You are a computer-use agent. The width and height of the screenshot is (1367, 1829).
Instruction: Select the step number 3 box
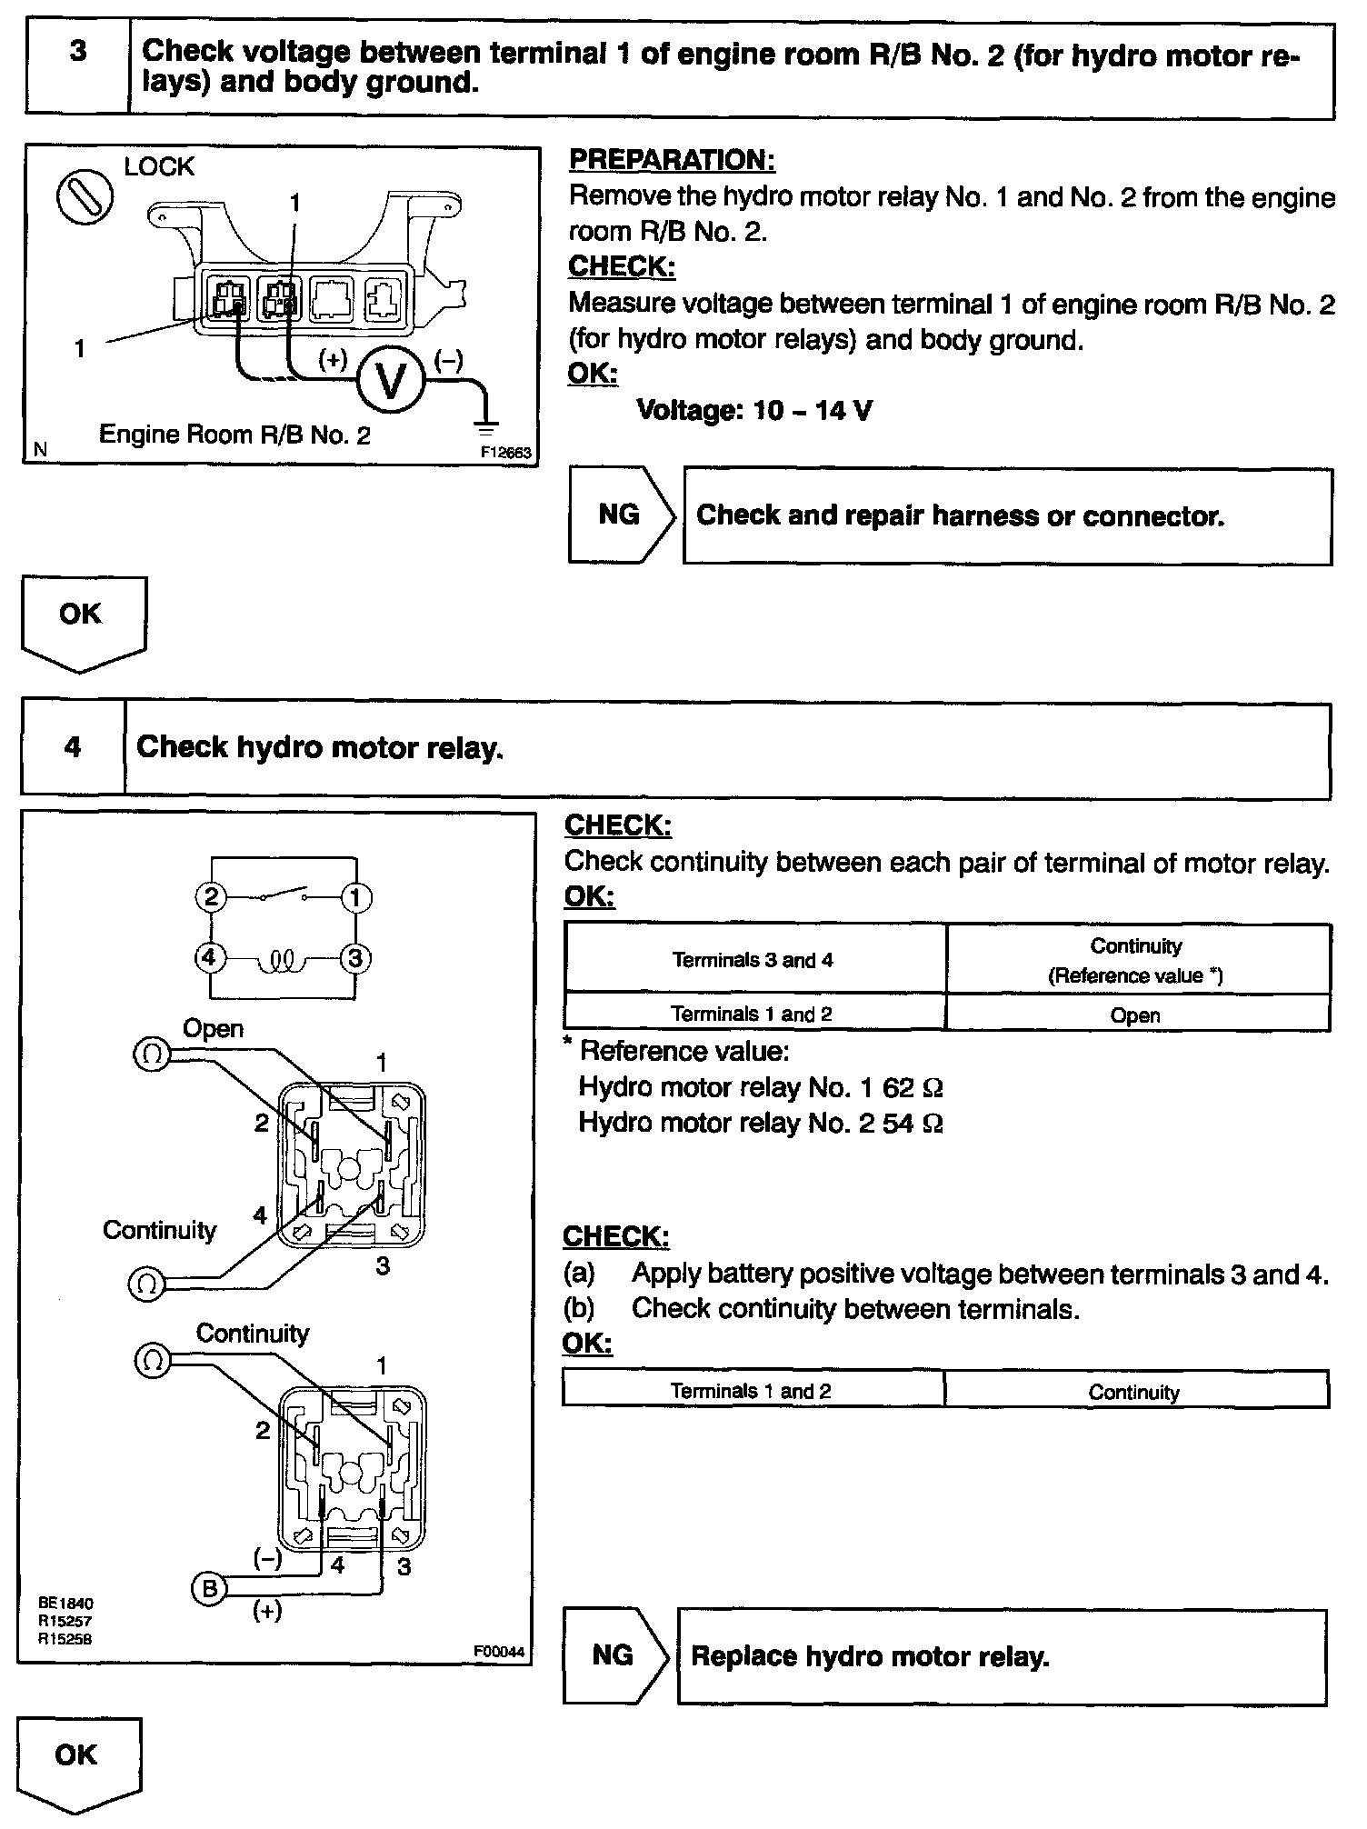click(77, 68)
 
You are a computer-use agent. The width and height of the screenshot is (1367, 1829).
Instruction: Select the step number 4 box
click(73, 747)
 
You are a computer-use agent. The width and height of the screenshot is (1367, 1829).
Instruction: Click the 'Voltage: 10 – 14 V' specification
click(753, 411)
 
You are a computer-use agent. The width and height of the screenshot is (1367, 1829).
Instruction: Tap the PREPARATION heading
click(672, 160)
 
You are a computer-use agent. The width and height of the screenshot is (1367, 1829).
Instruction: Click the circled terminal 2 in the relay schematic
click(211, 898)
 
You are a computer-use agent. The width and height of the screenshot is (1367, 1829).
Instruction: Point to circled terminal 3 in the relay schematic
click(355, 958)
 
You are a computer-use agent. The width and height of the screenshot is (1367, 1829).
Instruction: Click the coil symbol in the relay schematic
click(283, 960)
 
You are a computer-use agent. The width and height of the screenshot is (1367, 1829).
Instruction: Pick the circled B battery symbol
click(209, 1588)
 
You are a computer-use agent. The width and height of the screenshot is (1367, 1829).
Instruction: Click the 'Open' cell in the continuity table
click(1135, 1014)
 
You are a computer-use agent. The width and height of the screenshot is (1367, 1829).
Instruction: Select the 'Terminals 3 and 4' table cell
click(753, 960)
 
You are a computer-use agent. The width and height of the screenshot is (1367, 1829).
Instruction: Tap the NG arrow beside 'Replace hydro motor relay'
click(615, 1655)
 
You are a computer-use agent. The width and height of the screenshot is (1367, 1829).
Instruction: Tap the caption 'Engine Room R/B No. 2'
click(234, 435)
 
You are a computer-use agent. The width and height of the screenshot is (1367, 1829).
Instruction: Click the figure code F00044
click(499, 1652)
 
